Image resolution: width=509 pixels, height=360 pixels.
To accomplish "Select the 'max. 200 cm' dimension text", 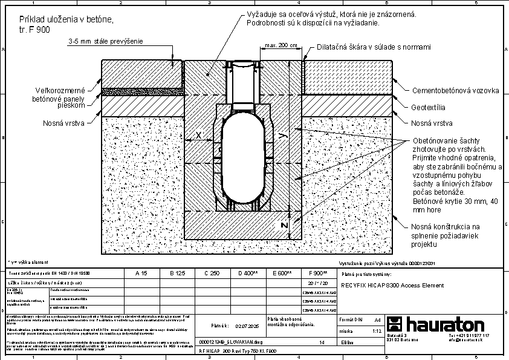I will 281,45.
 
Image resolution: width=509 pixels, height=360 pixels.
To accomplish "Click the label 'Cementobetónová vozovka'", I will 455,91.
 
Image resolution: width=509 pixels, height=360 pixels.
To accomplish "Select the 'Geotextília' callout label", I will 428,107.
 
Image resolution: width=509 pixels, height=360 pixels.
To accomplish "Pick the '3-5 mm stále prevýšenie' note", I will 105,41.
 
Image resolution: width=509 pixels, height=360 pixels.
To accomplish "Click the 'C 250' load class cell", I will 212,273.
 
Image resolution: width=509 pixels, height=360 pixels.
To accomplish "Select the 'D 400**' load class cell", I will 248,273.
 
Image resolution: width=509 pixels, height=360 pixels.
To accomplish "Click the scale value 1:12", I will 376,332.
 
